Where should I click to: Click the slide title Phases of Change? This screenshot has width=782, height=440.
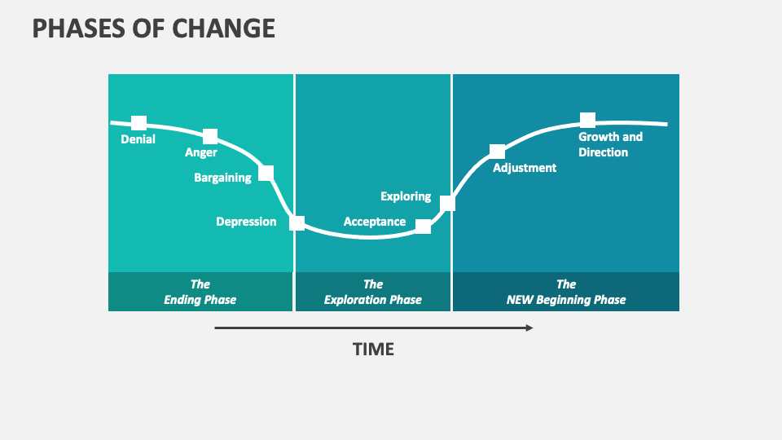[153, 29]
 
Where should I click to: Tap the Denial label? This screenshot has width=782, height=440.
[138, 139]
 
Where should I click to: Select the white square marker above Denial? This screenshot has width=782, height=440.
[139, 123]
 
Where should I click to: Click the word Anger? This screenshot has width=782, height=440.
[201, 152]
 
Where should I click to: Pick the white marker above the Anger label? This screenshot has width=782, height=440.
[210, 136]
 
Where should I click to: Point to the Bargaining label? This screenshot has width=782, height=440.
[222, 178]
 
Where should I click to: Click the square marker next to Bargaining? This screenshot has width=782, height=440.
[266, 173]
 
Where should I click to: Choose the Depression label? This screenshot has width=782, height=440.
[246, 222]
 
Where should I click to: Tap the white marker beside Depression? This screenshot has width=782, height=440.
[297, 222]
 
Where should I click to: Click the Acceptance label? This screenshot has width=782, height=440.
[375, 222]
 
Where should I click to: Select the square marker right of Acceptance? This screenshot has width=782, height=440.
[423, 227]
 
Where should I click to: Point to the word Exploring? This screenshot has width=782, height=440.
[406, 196]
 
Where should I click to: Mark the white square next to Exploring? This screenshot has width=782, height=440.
[447, 203]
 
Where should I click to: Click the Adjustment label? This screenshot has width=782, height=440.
[525, 168]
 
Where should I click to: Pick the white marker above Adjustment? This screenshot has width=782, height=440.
[497, 152]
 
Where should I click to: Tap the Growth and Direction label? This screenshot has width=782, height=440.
[610, 144]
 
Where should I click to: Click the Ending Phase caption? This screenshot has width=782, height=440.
[200, 292]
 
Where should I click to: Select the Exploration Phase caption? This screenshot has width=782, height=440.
[373, 292]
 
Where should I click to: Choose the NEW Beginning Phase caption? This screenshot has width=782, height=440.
[566, 292]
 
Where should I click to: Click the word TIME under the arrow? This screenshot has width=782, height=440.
[373, 350]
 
